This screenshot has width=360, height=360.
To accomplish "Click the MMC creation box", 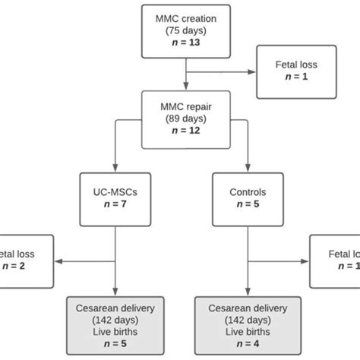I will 185,31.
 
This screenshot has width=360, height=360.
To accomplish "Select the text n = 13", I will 185,45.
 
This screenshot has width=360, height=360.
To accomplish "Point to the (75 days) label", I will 185,31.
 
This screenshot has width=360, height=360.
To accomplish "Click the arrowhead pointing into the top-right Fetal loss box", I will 252,73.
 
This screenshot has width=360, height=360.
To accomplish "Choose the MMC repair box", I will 185,118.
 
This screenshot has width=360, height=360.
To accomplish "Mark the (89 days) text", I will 185,119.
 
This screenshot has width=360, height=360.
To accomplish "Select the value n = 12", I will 185,132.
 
